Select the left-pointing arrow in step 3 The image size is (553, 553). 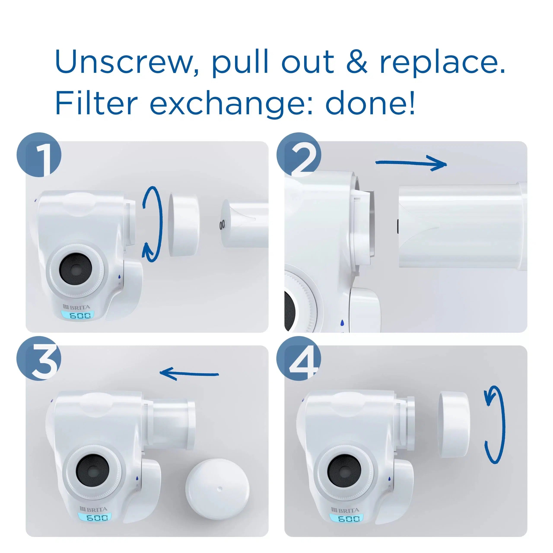[x=189, y=373]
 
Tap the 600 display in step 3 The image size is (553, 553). [x=94, y=517]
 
